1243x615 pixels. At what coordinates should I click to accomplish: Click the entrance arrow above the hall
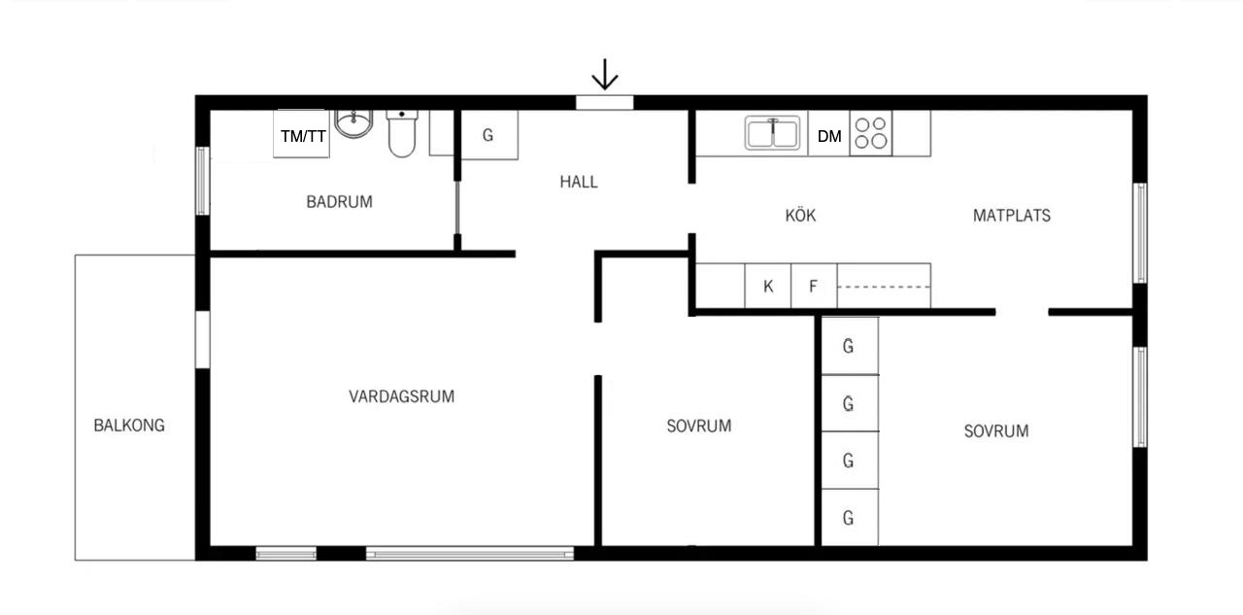604,75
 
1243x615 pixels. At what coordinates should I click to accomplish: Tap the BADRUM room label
339,201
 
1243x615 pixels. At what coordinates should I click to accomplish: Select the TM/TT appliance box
301,134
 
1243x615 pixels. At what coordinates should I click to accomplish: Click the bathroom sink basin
353,123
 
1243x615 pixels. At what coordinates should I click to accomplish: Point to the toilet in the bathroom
402,133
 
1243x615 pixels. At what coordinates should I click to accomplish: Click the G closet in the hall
488,135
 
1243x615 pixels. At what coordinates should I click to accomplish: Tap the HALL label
578,182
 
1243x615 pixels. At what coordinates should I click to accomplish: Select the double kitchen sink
772,133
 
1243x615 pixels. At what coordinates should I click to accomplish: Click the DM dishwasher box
829,133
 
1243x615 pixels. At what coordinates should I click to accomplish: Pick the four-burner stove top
871,133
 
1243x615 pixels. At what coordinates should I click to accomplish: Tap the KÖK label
800,216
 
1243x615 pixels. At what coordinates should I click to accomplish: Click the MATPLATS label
1012,216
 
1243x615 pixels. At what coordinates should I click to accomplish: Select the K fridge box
768,286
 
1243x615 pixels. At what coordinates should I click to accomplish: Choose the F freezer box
814,286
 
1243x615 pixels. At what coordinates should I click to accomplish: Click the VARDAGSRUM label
401,396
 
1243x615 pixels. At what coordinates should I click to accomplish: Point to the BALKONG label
129,426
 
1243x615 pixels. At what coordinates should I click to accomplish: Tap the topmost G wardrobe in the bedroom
850,346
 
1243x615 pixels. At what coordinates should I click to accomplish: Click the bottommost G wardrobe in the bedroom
850,517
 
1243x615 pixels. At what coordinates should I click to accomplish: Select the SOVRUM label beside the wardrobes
996,430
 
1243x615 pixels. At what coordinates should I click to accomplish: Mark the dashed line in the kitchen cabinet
884,287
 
